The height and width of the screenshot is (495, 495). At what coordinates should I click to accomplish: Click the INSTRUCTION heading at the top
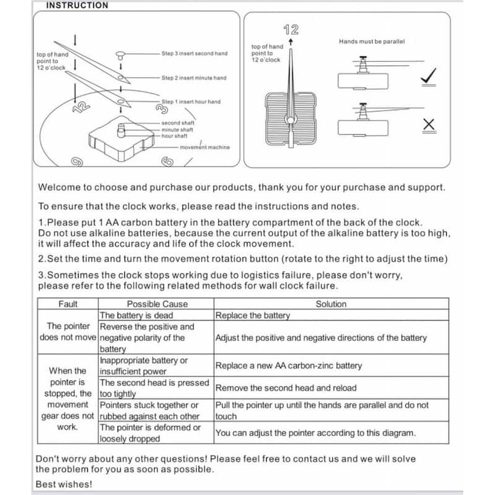click(77, 6)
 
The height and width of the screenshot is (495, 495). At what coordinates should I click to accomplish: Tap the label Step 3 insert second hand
click(194, 54)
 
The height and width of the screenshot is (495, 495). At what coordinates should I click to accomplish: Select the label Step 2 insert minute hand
click(194, 78)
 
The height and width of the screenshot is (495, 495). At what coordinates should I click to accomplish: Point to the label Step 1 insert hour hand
click(191, 101)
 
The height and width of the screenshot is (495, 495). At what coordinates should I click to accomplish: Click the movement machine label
click(204, 147)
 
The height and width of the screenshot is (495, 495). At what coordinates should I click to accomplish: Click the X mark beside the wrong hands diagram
click(428, 125)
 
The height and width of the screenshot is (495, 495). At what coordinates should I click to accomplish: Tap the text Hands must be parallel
click(371, 41)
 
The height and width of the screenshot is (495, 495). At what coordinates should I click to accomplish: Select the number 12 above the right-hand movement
click(291, 29)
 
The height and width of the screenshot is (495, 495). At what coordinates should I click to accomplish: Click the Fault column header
click(68, 304)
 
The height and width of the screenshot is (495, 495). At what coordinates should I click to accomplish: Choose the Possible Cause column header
click(157, 304)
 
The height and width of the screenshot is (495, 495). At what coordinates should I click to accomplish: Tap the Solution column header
click(331, 304)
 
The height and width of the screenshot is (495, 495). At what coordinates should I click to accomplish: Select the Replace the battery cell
click(252, 315)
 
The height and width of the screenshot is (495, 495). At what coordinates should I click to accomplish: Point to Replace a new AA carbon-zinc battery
click(288, 366)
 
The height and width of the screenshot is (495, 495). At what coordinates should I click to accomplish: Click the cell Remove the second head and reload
click(286, 388)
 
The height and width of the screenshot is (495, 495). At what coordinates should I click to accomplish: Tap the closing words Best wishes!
click(64, 484)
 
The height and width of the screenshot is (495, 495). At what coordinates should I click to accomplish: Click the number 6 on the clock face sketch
click(166, 162)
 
